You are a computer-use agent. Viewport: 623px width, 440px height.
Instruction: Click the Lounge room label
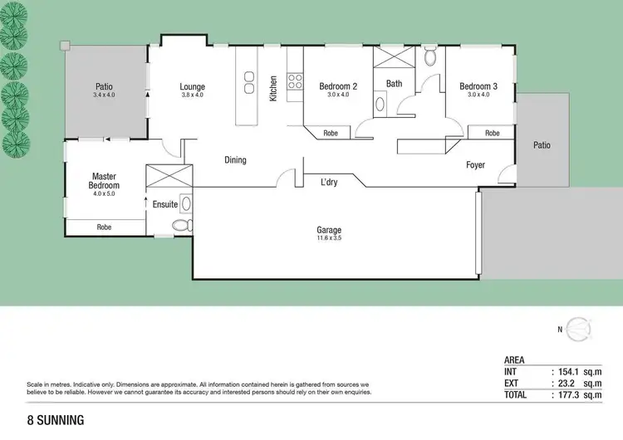click(192, 86)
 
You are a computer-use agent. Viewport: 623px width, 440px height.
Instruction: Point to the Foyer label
click(475, 165)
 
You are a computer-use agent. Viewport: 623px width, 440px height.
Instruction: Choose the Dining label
click(235, 159)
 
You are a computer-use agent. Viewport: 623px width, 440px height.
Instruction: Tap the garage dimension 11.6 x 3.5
click(329, 239)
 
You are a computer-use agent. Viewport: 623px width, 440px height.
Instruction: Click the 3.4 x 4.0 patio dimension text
click(104, 95)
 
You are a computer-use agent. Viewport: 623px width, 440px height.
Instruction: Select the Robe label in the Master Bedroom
click(104, 227)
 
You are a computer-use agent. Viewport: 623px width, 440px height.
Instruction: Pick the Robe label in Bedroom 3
click(492, 133)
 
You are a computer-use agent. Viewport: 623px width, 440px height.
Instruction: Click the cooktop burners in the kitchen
click(294, 81)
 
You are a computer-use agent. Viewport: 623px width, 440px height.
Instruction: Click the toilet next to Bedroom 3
click(429, 58)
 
